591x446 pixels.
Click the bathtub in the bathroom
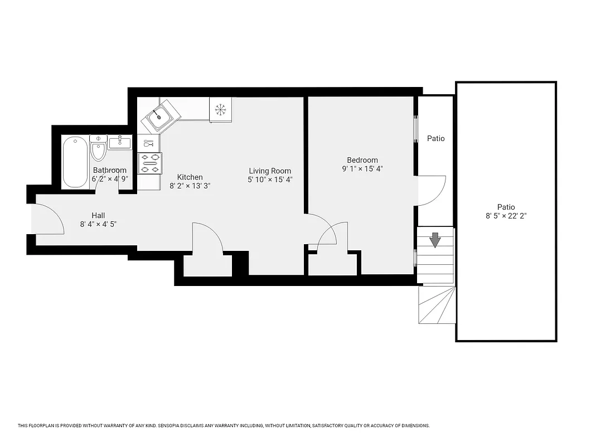(75, 162)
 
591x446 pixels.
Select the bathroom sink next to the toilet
(119, 143)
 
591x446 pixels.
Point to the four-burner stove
(150, 163)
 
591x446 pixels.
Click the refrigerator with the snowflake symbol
(221, 110)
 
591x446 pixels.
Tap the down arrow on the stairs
(435, 240)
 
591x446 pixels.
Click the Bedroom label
(362, 160)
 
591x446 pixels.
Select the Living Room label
(270, 171)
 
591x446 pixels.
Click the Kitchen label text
(190, 177)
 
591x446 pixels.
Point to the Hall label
(98, 215)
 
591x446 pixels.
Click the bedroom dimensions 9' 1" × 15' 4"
(362, 169)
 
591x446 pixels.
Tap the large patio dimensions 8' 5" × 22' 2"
(507, 216)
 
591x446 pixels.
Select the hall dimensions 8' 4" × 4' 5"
(98, 224)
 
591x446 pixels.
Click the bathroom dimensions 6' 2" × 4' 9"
(110, 179)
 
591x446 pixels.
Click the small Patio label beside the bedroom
(436, 138)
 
